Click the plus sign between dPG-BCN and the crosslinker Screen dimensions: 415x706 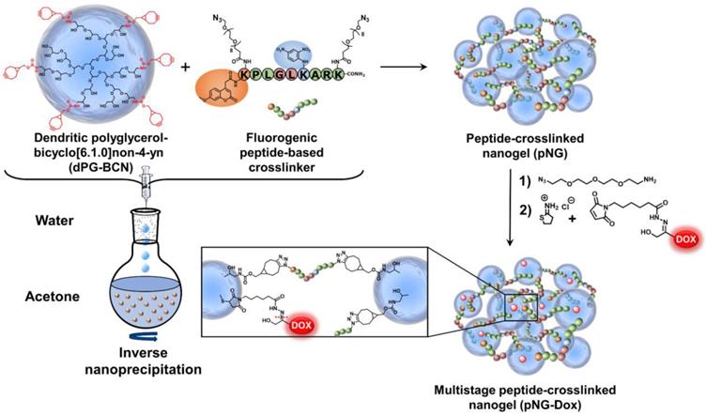tap(183, 69)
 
